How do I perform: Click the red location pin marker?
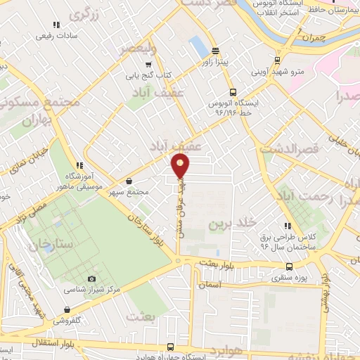point(181,165)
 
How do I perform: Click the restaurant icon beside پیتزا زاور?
point(214,50)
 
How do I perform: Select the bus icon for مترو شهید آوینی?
point(278,60)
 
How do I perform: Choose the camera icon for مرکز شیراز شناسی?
point(91,279)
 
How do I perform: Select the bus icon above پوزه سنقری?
point(290,267)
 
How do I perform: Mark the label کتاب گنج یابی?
point(149,75)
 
